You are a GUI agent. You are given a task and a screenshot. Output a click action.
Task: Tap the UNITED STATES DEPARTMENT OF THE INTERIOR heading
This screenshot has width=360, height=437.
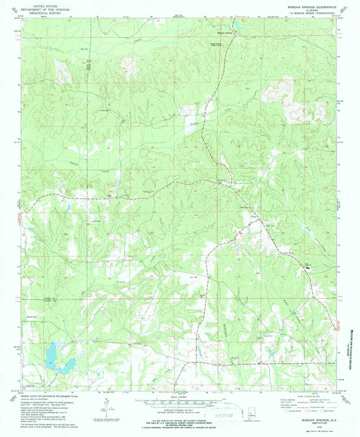(x=42, y=7)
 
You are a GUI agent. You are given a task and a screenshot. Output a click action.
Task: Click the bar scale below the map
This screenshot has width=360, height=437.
(x=180, y=400)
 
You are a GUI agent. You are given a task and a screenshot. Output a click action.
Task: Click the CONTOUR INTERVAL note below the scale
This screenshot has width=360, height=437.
(x=180, y=408)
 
